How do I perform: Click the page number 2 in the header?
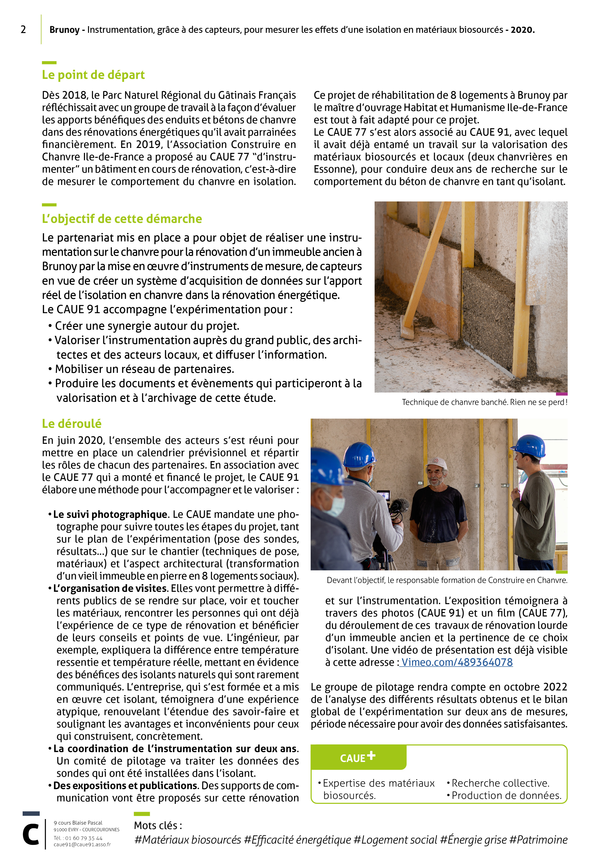point(23,30)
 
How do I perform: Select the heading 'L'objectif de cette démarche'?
point(122,219)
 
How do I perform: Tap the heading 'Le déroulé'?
point(71,424)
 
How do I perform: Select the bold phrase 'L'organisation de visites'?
point(110,589)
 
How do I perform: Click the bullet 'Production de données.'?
point(506,796)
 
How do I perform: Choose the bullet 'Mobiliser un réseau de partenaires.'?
point(145,369)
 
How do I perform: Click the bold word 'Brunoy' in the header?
point(64,30)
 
